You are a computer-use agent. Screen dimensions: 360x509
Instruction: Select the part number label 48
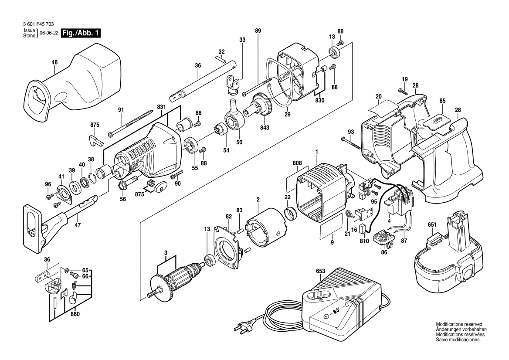point(54,62)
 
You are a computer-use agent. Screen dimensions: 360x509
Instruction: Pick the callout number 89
point(258,31)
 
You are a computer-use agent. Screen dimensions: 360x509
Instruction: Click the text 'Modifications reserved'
point(459,325)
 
